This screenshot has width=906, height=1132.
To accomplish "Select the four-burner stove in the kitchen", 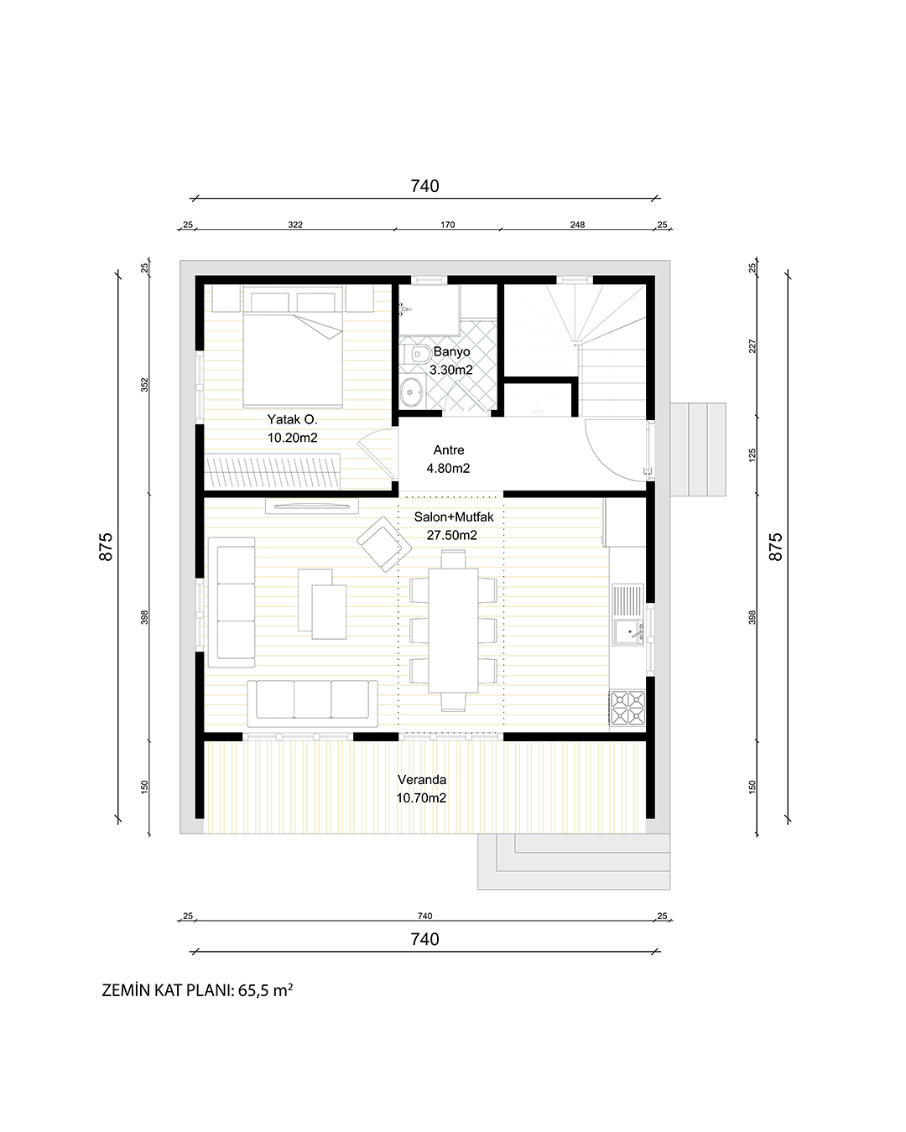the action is click(x=627, y=708).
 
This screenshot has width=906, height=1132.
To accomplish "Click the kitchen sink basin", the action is click(x=627, y=631).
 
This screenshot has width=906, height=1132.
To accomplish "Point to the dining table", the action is click(x=453, y=630).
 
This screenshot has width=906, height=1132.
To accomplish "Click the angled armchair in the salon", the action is click(x=384, y=544).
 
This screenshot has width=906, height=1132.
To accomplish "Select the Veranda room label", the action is click(x=422, y=780).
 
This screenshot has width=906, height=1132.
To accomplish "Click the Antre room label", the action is click(x=449, y=449).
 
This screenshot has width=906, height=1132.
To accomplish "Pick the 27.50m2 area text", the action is click(x=451, y=535).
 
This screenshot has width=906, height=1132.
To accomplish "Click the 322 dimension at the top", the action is click(x=295, y=225).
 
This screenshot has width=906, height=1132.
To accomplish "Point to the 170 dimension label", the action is click(x=447, y=225).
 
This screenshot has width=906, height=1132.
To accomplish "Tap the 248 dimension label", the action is click(x=577, y=225).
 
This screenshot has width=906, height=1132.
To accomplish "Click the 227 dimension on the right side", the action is click(x=752, y=346).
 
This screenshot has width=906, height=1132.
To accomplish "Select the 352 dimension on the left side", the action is click(x=145, y=385).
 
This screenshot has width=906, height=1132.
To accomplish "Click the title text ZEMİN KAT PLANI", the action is click(x=168, y=990).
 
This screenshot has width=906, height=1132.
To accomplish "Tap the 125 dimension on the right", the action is click(x=752, y=455).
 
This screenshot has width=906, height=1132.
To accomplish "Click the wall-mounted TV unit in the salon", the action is click(x=312, y=506).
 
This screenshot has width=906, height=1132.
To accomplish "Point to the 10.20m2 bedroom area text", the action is click(x=292, y=438).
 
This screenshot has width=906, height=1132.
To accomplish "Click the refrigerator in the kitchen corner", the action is click(x=625, y=523).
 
